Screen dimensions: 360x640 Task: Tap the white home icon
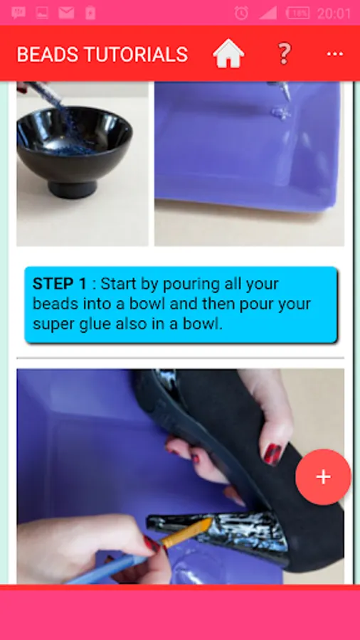[228, 53]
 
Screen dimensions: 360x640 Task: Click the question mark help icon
[284, 53]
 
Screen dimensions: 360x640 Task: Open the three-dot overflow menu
[334, 54]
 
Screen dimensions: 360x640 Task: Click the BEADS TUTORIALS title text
[102, 54]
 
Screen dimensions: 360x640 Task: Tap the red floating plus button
[323, 476]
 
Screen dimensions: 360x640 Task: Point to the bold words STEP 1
[60, 284]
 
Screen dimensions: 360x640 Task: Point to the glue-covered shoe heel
[219, 530]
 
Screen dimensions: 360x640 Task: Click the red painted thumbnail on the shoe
[273, 454]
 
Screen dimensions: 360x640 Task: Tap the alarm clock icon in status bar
[241, 13]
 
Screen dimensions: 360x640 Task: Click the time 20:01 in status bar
[334, 14]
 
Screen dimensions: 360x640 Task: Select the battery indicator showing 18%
[297, 13]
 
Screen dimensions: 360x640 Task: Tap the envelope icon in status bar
[66, 13]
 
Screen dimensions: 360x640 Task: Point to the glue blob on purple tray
[281, 112]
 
